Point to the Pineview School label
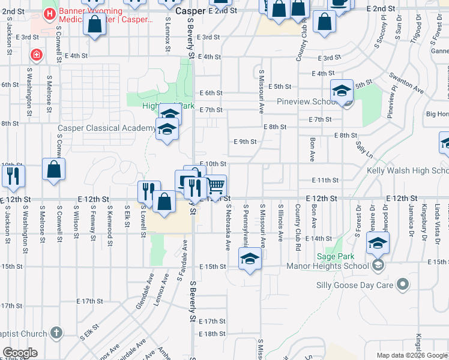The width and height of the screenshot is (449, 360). point(306,101)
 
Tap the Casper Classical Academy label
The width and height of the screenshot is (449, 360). point(106,128)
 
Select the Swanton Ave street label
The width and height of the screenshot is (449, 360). point(406,84)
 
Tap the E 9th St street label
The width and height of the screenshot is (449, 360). point(245,142)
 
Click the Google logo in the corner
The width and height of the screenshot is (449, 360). point(20,353)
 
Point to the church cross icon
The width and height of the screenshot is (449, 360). point(56,332)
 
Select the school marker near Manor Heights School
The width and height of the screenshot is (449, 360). point(378,243)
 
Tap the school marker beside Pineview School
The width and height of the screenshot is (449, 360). point(342,91)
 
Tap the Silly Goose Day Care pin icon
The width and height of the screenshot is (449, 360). point(403,284)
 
